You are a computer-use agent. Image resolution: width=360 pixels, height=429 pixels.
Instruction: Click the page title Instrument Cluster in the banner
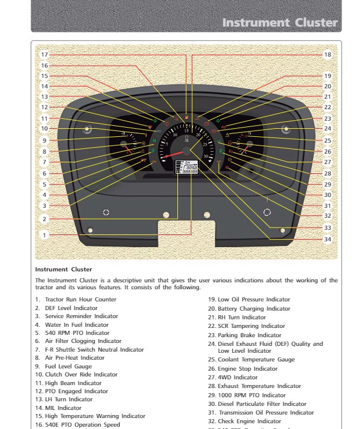(x=280, y=23)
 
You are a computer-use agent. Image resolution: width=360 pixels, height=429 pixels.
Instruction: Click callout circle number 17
(x=44, y=54)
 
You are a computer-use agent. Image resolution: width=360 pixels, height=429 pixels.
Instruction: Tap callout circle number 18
(x=328, y=55)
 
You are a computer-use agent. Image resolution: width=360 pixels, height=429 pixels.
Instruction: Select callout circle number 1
(x=44, y=235)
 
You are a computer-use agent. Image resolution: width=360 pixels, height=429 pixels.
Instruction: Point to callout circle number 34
(x=328, y=239)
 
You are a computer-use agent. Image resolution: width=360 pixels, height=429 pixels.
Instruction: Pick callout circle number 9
(x=44, y=140)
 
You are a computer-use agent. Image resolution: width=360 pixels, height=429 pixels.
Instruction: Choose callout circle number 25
(x=328, y=140)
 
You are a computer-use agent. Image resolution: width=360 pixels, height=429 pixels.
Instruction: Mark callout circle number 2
(x=44, y=219)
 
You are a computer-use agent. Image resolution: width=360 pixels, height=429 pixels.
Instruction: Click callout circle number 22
(x=328, y=107)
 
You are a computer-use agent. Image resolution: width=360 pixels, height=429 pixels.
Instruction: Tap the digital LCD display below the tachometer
(x=186, y=167)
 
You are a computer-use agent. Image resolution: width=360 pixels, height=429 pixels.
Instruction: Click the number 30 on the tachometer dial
(x=206, y=156)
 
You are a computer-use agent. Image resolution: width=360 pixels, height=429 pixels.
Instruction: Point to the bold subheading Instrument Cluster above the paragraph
(x=60, y=269)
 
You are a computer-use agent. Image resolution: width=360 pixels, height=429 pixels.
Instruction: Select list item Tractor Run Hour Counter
(x=80, y=299)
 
